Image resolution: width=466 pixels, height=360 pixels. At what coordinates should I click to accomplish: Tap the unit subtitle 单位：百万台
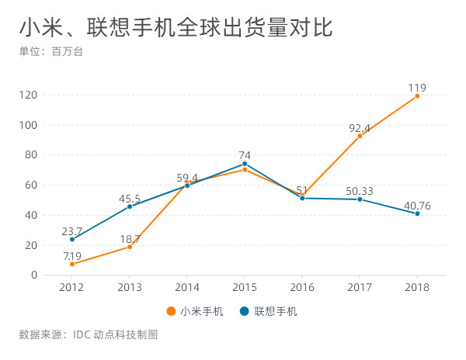[50, 52]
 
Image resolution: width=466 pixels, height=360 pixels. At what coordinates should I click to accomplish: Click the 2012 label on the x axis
[72, 288]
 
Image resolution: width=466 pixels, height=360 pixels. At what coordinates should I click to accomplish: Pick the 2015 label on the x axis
[245, 288]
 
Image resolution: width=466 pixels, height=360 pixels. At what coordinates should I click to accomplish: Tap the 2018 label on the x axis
[417, 288]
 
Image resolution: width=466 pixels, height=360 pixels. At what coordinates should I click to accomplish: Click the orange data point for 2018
[417, 96]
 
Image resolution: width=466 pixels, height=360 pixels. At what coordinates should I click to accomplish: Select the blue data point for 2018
[417, 213]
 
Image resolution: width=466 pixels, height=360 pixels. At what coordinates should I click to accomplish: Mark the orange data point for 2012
[72, 264]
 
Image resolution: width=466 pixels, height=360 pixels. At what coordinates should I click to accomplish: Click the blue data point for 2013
[130, 206]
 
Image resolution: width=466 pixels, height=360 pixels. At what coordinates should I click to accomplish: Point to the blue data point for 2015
[245, 164]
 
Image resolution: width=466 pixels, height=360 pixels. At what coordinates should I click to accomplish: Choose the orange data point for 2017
[360, 136]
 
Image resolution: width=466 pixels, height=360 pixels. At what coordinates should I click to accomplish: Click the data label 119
[417, 88]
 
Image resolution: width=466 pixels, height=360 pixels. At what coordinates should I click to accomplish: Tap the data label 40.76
[417, 205]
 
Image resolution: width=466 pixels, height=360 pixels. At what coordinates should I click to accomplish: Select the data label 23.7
[72, 230]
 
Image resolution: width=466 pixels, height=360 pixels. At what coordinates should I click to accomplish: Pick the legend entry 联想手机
[269, 311]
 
